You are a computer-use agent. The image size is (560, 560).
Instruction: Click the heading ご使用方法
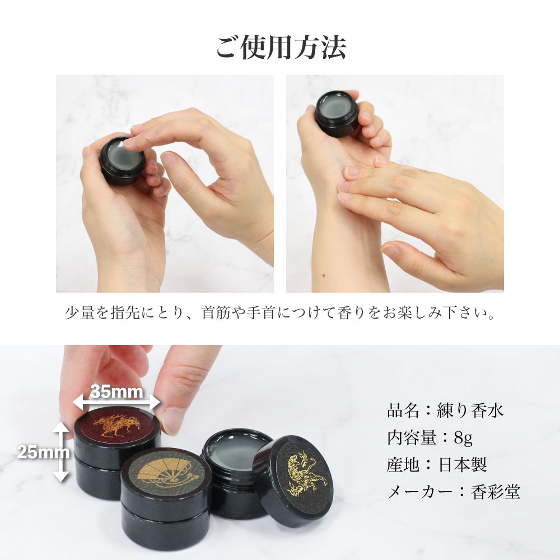(x=281, y=47)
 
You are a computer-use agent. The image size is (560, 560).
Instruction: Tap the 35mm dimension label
(x=117, y=391)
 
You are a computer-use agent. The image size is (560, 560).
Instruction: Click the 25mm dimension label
(x=35, y=452)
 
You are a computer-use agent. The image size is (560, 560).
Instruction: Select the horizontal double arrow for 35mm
(x=117, y=402)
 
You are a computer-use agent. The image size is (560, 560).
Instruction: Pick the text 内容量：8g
(x=430, y=437)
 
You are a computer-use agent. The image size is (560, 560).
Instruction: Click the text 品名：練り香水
(x=445, y=410)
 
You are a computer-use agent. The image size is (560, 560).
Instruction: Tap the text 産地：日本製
(x=437, y=465)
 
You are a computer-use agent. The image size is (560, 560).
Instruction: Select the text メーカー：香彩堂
(x=454, y=492)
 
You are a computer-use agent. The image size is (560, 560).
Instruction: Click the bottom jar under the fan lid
(x=165, y=529)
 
